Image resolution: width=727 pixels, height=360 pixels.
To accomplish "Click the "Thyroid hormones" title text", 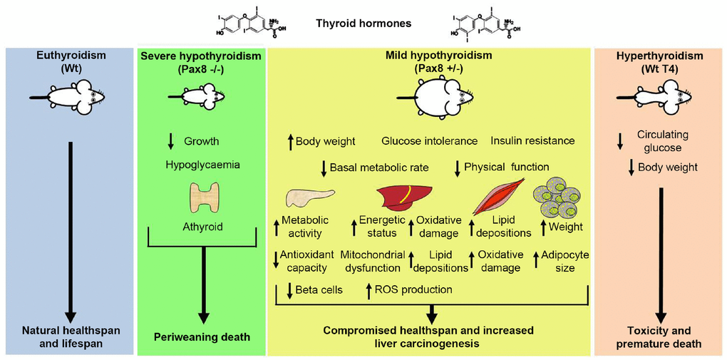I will click(363, 24).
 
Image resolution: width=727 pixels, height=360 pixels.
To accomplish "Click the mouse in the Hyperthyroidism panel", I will click(659, 96).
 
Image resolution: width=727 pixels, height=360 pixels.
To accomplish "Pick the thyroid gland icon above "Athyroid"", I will click(205, 198).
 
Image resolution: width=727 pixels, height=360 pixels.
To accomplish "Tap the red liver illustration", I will click(404, 197).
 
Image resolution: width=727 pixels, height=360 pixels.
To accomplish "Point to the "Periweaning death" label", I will click(203, 336).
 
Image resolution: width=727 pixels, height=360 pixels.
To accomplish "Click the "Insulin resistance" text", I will click(533, 141).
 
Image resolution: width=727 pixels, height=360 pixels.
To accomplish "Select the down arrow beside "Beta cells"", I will click(289, 290).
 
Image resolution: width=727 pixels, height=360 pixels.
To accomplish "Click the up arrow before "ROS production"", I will click(368, 290).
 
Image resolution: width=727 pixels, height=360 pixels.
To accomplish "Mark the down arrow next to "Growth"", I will click(170, 141).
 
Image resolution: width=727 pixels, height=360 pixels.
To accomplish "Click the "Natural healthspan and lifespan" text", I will click(69, 337).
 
